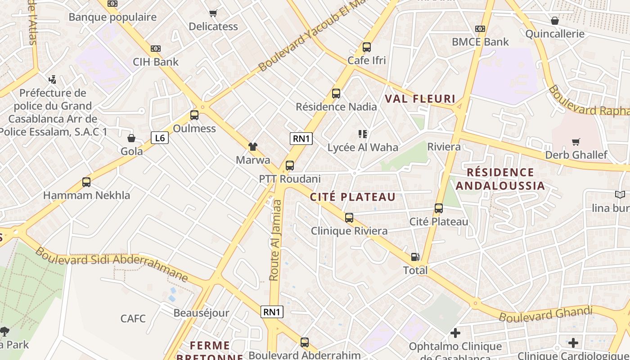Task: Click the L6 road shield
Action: tap(159, 138)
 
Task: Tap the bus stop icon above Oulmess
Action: tap(194, 115)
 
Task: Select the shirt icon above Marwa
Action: tap(253, 146)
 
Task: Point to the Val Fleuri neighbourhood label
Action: tap(420, 99)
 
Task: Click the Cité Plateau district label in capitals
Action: tap(353, 197)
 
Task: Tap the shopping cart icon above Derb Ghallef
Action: tap(576, 142)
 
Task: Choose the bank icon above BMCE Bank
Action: tap(480, 29)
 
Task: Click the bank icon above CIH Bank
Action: tap(155, 49)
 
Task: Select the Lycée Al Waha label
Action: tap(363, 147)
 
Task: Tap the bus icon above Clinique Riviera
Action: tap(349, 218)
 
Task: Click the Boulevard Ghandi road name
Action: tap(545, 314)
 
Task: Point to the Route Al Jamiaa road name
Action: tap(275, 240)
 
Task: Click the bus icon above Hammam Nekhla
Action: tap(86, 182)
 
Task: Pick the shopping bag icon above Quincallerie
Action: tap(555, 21)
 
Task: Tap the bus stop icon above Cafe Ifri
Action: tap(367, 47)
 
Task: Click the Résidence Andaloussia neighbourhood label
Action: tap(500, 179)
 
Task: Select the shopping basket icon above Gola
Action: tap(131, 138)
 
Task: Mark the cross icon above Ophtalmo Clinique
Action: tap(455, 333)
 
